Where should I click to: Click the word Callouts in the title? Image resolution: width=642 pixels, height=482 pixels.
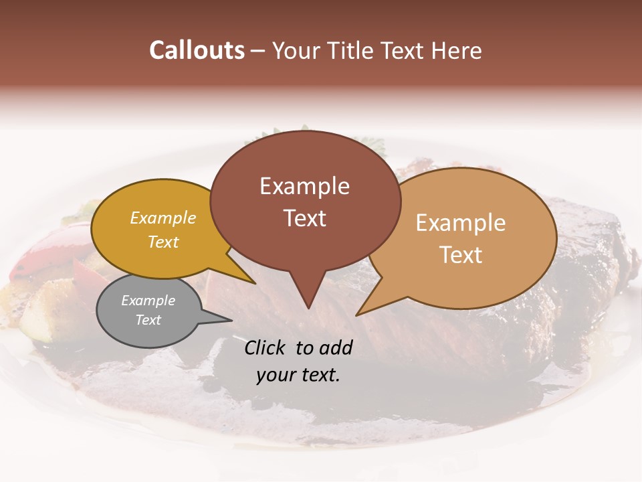pos(197,50)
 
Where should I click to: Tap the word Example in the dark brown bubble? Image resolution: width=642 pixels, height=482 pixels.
pos(304,186)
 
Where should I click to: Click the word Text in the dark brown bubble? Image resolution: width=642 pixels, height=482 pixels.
pos(304,218)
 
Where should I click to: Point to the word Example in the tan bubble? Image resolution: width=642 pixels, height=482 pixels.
pos(461,223)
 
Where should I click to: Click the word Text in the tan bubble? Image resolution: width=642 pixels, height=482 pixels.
pos(461,255)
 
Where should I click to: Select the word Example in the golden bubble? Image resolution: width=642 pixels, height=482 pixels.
pos(163,218)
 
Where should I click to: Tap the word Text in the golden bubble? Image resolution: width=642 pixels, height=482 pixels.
pos(163,242)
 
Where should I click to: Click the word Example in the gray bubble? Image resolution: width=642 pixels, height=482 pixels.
pos(148,301)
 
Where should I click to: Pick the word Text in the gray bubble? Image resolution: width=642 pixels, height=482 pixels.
pos(148,320)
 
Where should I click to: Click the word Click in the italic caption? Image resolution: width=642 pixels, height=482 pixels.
pos(266,347)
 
